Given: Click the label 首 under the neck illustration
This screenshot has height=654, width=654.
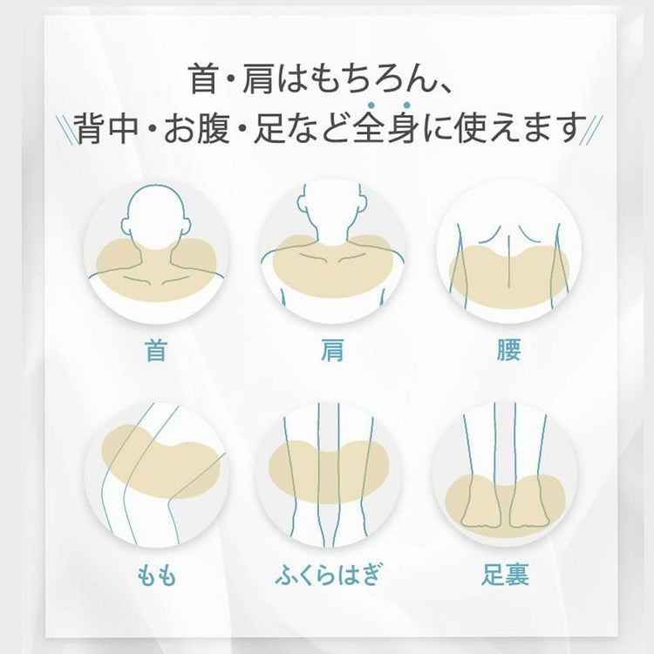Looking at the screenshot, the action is [x=156, y=351].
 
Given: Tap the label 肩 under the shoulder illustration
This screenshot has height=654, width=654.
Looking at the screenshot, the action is [x=331, y=351].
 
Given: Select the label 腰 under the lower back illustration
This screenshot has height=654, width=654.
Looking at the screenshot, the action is [x=508, y=351].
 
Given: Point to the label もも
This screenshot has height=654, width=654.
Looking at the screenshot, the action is [x=156, y=575].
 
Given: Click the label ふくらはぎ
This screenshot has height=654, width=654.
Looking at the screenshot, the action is [x=329, y=574].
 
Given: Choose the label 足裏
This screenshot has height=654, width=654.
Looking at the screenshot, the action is [x=505, y=575].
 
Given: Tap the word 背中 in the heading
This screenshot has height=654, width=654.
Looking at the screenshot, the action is [x=107, y=127].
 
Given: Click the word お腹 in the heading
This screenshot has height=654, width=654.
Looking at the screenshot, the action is [x=196, y=127].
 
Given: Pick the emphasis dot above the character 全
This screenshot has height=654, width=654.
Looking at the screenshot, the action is [x=370, y=105].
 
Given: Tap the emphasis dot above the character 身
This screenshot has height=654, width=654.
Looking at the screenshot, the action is [x=406, y=105].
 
